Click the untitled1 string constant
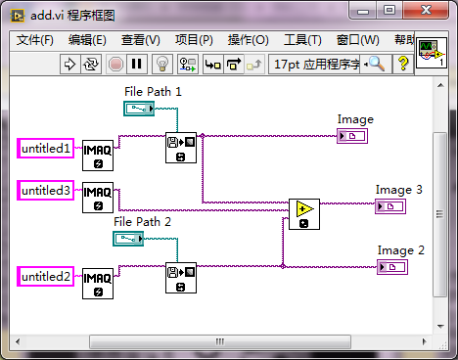coord(47,149)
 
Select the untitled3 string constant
coord(47,191)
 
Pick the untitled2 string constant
coord(47,277)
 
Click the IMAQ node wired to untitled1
coord(97,155)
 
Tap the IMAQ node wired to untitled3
coord(97,198)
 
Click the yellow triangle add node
coord(304,214)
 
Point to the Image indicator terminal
coord(351,136)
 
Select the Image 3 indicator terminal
coord(389,206)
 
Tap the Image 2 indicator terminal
coord(391,266)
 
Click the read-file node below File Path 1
coord(181,148)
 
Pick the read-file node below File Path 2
coord(181,277)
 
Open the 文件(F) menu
coord(36,40)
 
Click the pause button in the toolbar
coord(137,65)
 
